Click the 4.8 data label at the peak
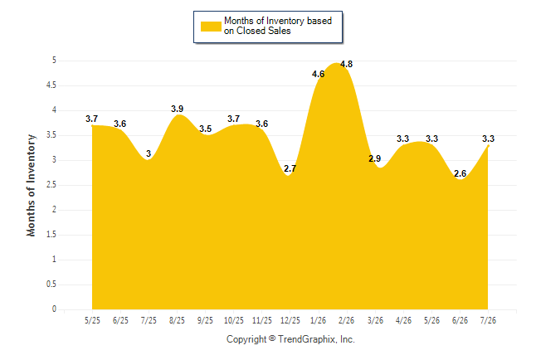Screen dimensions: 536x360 click(346, 64)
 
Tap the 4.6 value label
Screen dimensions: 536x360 click(318, 74)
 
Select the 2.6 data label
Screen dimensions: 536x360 click(460, 173)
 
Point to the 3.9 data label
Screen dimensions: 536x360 click(177, 109)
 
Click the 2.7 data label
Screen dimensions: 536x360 click(290, 168)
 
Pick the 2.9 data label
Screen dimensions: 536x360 click(375, 158)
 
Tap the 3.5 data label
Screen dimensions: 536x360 click(206, 129)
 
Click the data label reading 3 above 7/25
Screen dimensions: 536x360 click(149, 153)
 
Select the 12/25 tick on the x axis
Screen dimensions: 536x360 click(290, 320)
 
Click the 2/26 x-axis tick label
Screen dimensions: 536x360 click(346, 320)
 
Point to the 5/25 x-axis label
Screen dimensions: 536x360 click(92, 320)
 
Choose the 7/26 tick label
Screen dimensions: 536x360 click(488, 320)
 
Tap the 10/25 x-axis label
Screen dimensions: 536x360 click(234, 320)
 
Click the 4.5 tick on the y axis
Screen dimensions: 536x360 click(51, 85)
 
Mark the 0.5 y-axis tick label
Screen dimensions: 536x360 click(51, 285)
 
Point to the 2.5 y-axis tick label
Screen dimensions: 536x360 click(51, 185)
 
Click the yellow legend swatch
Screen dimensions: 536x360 click(211, 27)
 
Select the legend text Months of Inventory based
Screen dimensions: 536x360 click(278, 21)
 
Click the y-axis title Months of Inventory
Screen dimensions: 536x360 click(31, 185)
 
